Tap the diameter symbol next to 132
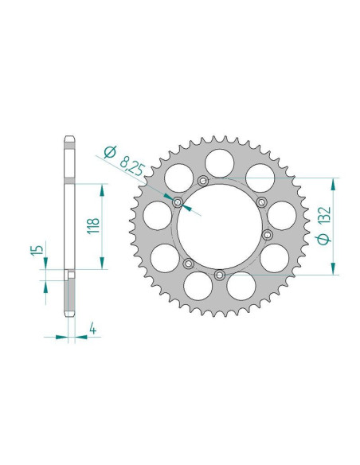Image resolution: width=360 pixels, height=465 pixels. (324, 240)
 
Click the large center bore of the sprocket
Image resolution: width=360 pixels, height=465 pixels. (217, 229)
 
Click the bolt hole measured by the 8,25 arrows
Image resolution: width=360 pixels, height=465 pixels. (178, 201)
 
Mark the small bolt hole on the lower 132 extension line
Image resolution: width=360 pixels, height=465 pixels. (218, 275)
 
